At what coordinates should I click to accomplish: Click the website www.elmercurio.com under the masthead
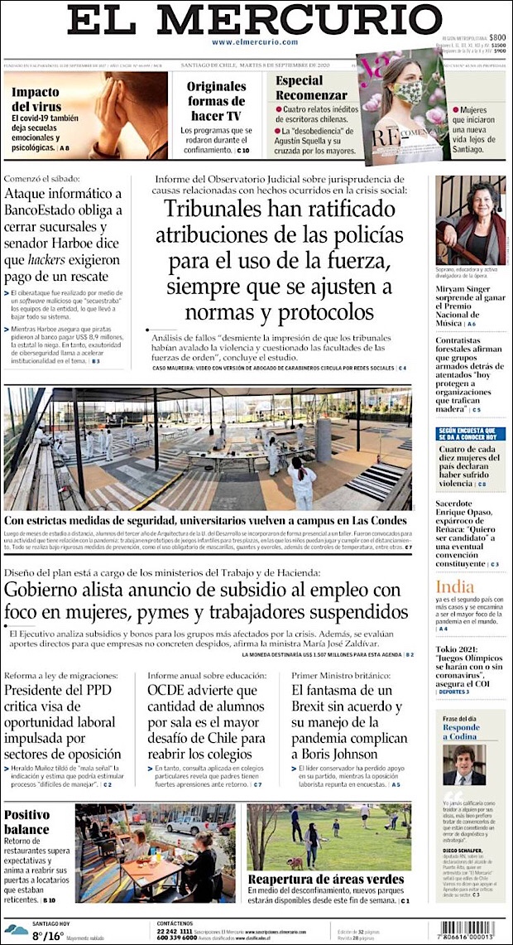(255, 41)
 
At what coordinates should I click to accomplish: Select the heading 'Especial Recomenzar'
(312, 88)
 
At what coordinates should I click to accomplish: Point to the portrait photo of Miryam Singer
(470, 219)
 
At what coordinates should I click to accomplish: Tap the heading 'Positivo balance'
(27, 822)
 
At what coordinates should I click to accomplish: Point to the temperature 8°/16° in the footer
(47, 936)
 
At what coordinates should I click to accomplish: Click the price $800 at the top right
(496, 37)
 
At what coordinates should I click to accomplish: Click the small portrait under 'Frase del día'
(464, 764)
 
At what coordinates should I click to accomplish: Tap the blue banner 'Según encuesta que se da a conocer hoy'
(470, 433)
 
